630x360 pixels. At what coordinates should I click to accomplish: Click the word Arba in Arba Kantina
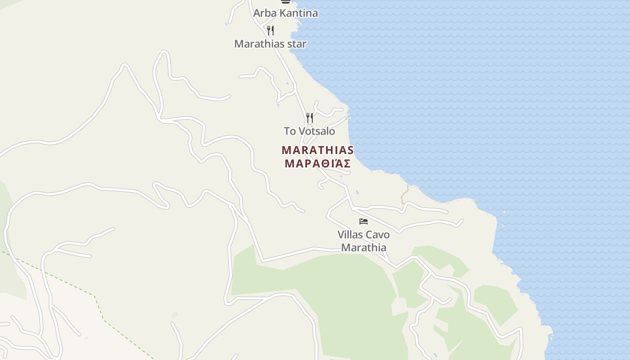tap(263, 13)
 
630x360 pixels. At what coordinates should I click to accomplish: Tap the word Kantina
tap(297, 13)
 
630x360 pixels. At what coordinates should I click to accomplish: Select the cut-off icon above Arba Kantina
tap(285, 1)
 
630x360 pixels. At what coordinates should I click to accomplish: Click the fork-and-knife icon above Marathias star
tap(270, 30)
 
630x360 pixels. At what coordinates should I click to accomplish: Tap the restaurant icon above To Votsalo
tap(310, 118)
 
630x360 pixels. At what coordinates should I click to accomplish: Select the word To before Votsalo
tap(290, 131)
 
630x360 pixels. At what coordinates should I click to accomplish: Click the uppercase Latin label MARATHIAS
tap(318, 150)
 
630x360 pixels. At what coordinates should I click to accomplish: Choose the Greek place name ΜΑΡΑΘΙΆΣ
tap(318, 163)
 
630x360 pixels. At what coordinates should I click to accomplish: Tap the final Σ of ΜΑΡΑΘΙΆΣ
tap(347, 163)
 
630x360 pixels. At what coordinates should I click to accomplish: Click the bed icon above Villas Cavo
tap(364, 221)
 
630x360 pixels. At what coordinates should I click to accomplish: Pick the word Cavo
tap(378, 234)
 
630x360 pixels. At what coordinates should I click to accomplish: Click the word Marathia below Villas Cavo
tap(364, 247)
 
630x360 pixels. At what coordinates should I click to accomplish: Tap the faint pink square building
tap(175, 315)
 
